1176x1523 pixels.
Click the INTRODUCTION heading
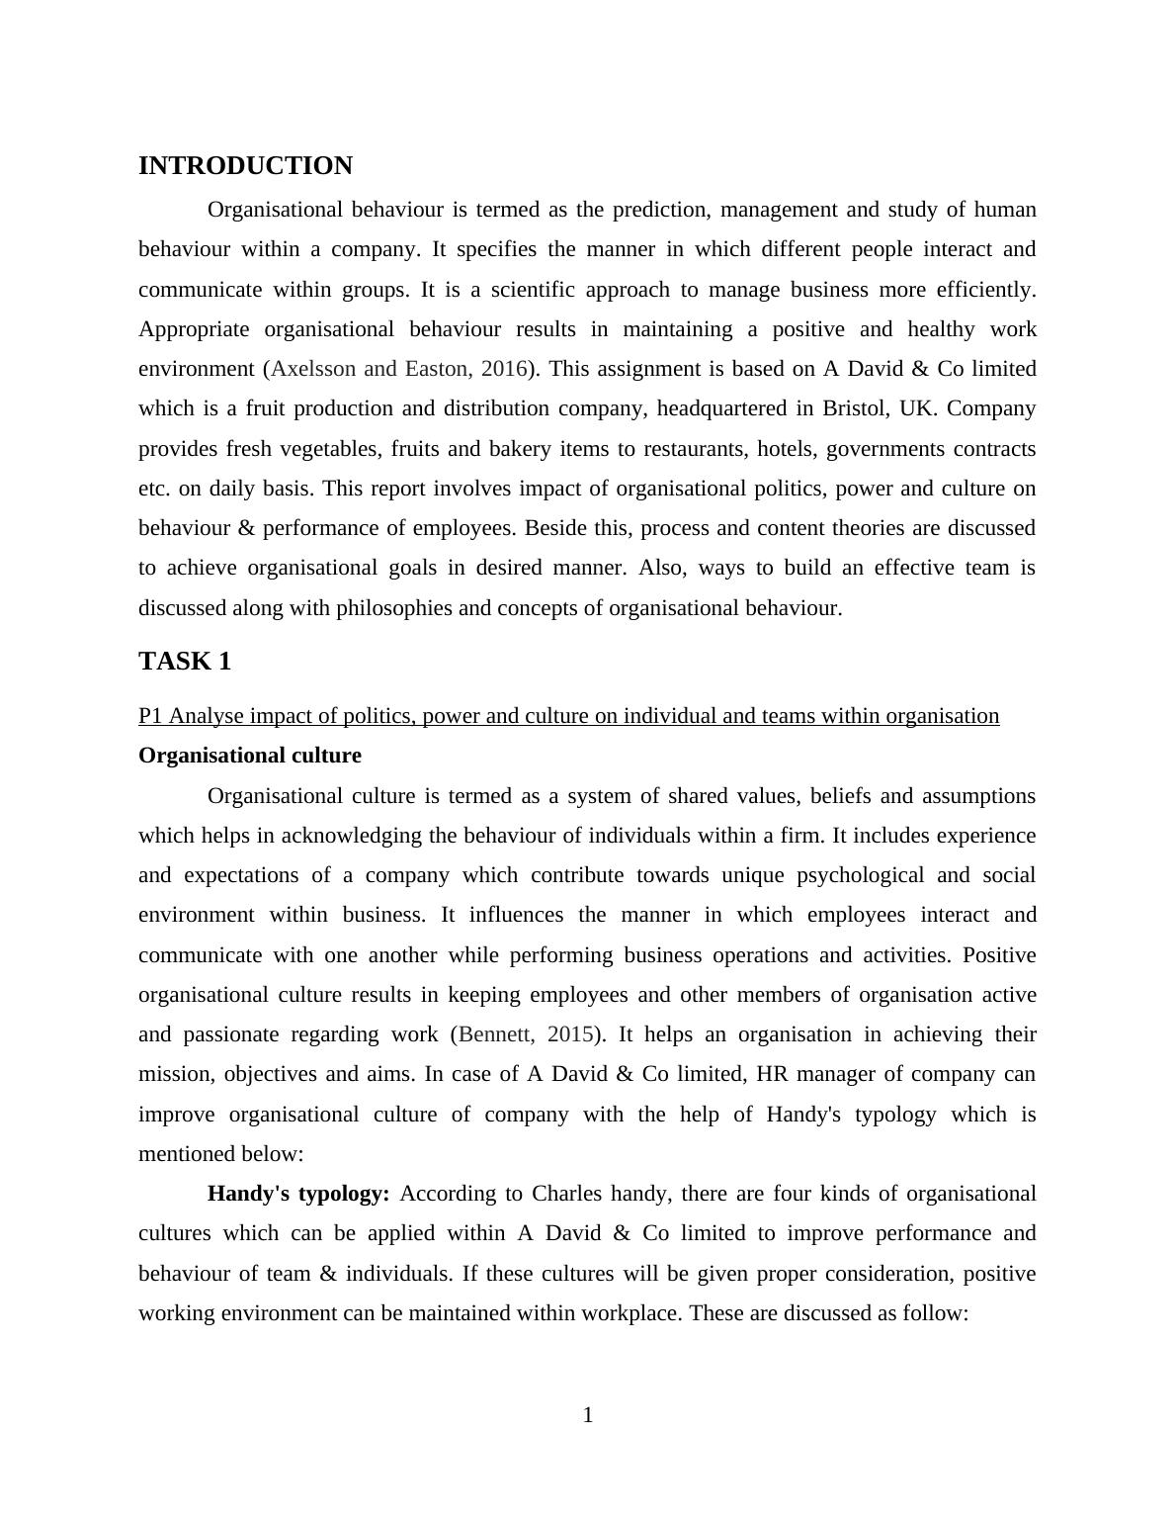tap(245, 166)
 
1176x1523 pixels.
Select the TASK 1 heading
tap(185, 662)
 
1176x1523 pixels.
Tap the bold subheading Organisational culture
tap(250, 756)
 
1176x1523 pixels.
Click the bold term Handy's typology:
tap(298, 1194)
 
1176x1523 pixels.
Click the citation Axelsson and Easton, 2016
tap(398, 369)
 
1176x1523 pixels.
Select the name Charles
tap(567, 1194)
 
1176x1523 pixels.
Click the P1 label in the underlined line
tap(150, 716)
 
